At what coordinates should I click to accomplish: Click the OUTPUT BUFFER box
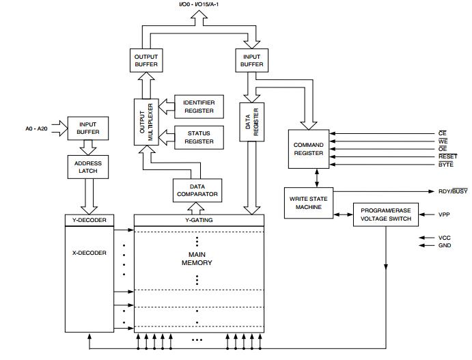(x=146, y=61)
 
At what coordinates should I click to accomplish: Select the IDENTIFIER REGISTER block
(x=199, y=107)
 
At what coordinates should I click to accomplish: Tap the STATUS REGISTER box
(x=199, y=137)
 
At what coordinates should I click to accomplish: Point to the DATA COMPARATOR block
(x=197, y=191)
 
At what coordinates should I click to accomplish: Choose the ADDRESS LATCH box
(x=88, y=167)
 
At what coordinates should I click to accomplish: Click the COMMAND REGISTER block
(x=309, y=149)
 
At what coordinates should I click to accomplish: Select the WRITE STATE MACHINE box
(x=309, y=203)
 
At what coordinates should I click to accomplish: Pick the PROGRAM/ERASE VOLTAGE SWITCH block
(x=386, y=214)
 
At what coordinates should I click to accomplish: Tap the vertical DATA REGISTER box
(x=251, y=122)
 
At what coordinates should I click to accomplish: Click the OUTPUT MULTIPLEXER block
(x=146, y=122)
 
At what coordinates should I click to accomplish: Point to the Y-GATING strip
(x=199, y=221)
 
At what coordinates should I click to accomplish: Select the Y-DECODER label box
(x=89, y=221)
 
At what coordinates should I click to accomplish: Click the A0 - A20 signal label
(x=36, y=128)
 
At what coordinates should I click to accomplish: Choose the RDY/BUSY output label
(x=453, y=191)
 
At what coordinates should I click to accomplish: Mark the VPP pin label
(x=444, y=214)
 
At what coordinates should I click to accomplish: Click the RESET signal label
(x=447, y=156)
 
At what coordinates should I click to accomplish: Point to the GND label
(x=445, y=245)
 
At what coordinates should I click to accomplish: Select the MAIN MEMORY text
(x=197, y=259)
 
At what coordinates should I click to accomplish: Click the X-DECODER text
(x=89, y=253)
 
